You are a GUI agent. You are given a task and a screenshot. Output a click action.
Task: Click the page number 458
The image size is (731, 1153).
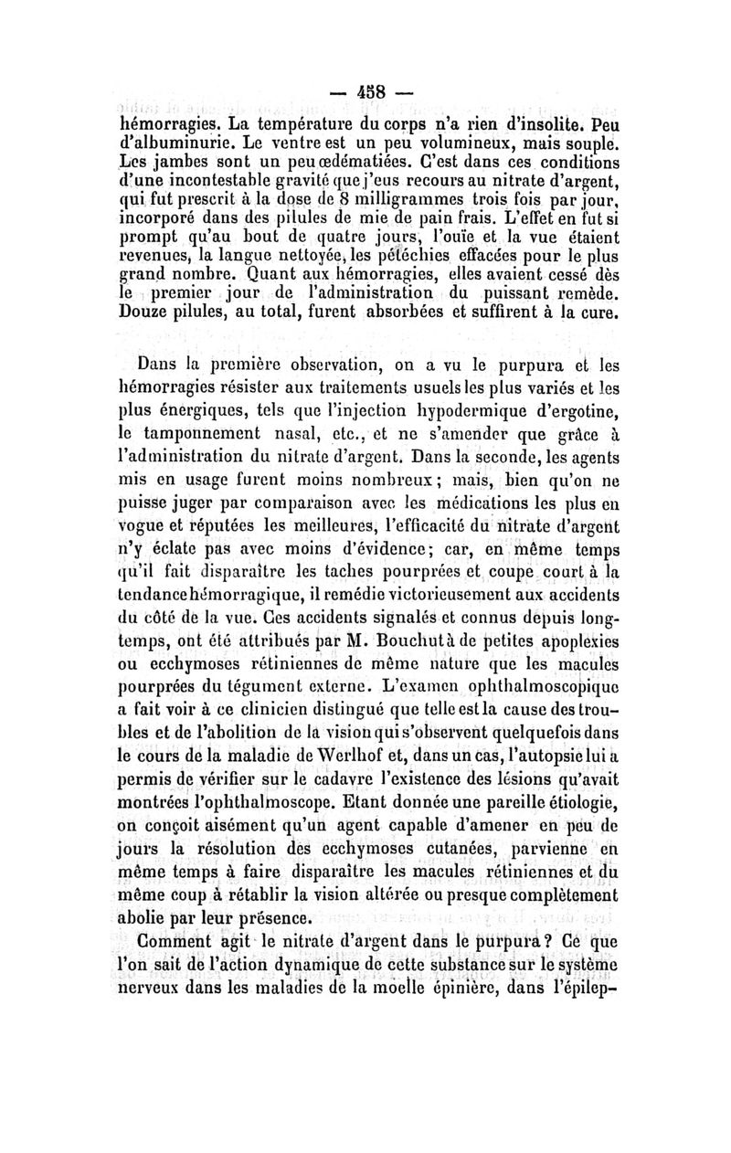tap(365, 94)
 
